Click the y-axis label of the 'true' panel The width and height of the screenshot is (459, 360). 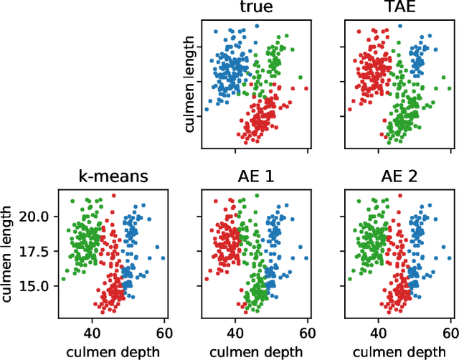pyautogui.click(x=189, y=87)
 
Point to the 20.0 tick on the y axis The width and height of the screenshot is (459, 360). pyautogui.click(x=36, y=217)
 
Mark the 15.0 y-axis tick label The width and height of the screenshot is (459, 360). pyautogui.click(x=36, y=285)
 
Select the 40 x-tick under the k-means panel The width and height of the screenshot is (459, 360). pyautogui.click(x=92, y=333)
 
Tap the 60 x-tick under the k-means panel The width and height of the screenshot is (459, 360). pyautogui.click(x=164, y=333)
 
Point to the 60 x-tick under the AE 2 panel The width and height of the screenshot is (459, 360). pyautogui.click(x=450, y=333)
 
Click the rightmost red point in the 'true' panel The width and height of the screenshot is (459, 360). pyautogui.click(x=306, y=89)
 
